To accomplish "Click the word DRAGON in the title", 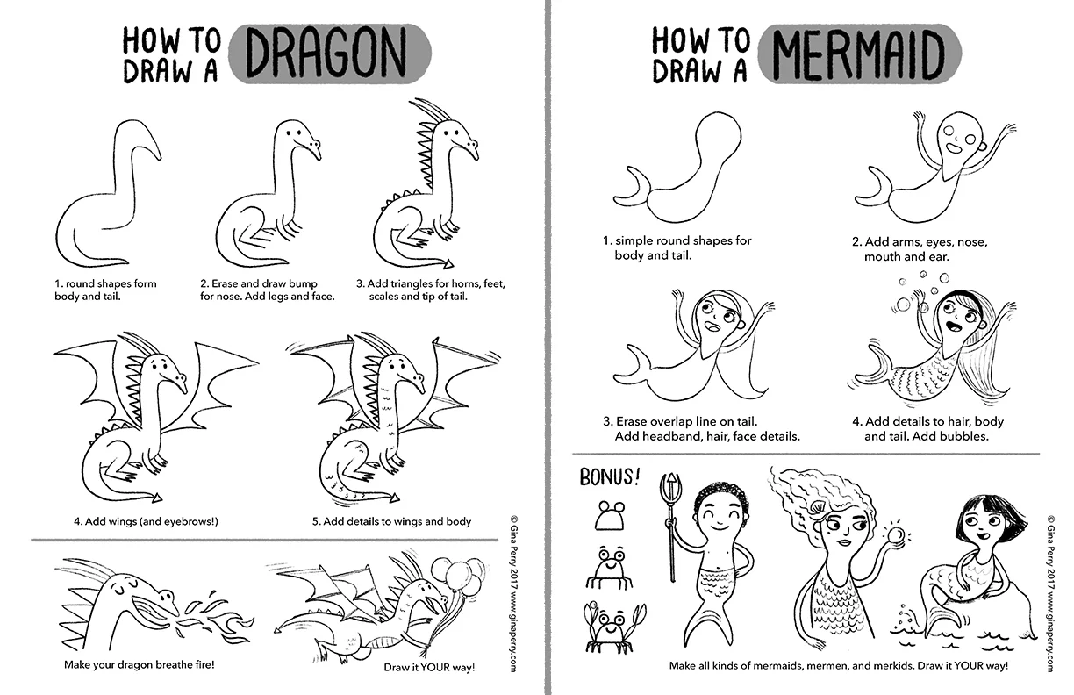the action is click(x=326, y=53).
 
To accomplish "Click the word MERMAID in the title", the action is click(x=858, y=54).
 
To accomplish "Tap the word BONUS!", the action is click(x=610, y=476).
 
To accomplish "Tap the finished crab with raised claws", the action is click(x=612, y=627).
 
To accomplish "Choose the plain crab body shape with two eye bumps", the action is click(x=610, y=516).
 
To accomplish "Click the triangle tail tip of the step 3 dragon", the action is click(x=448, y=264).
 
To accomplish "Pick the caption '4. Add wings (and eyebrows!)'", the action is click(x=146, y=521).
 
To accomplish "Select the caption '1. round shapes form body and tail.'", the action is click(x=105, y=290).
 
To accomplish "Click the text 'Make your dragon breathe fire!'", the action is click(x=139, y=665).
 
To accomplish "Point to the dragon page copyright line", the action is click(x=513, y=593).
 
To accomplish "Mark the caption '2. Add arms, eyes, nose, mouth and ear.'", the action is click(x=920, y=249).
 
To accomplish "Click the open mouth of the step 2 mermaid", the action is click(x=954, y=147).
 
